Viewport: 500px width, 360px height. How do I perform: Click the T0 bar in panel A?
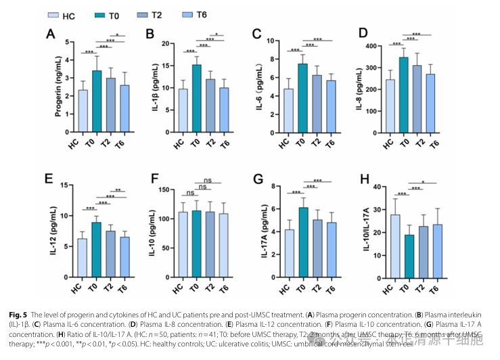click(x=98, y=100)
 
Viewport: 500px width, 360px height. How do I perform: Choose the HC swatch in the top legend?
click(x=53, y=16)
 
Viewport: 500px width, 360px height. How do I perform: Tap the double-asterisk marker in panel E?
click(x=118, y=191)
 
